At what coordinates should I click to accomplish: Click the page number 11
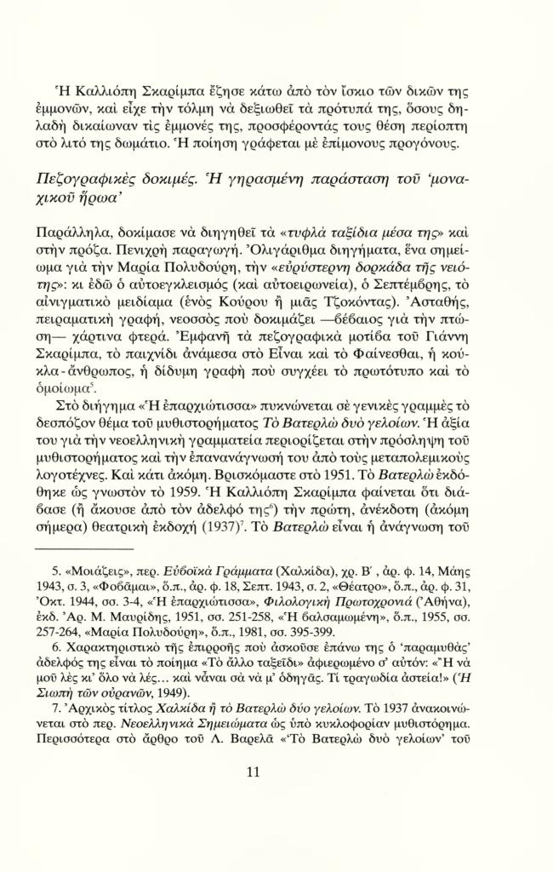[x=276, y=795]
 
